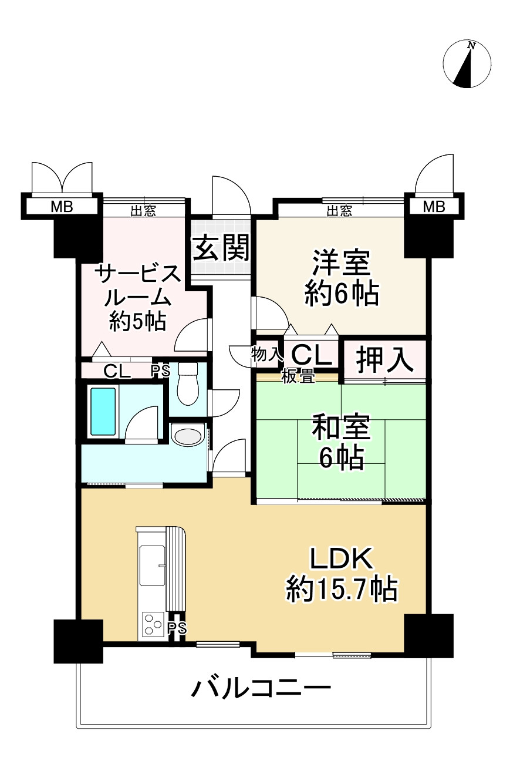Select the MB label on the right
click(434, 207)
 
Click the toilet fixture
click(188, 385)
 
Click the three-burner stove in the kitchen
click(153, 624)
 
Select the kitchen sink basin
click(153, 564)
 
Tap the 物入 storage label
click(267, 354)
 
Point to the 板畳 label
click(298, 377)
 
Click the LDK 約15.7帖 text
click(342, 575)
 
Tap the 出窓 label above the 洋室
click(339, 211)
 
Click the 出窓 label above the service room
click(143, 211)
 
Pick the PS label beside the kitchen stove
click(177, 628)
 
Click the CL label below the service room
click(117, 371)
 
